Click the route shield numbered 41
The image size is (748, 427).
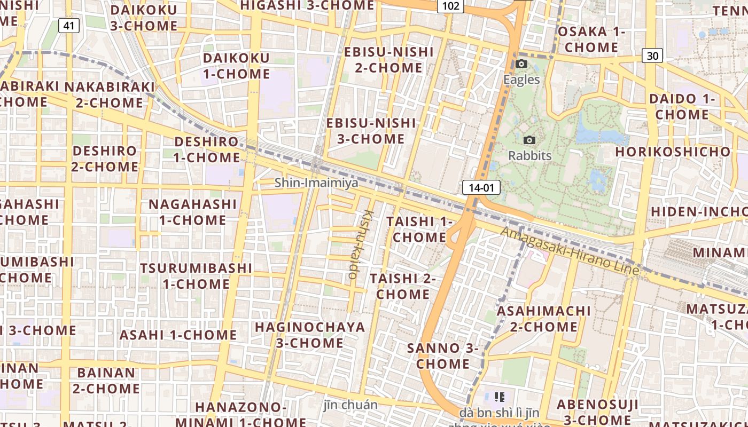click(69, 25)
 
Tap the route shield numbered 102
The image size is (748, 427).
click(450, 6)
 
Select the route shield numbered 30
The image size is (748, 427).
click(652, 55)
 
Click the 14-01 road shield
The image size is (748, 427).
click(481, 187)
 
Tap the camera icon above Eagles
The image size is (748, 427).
click(521, 64)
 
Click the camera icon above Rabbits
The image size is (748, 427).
click(529, 140)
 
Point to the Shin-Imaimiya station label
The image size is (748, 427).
click(316, 183)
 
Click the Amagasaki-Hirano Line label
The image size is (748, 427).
click(570, 251)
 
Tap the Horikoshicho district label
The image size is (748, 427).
click(673, 152)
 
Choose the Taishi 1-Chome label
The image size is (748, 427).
click(419, 229)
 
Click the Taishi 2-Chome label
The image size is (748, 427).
click(403, 286)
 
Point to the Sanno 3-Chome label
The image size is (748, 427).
click(442, 356)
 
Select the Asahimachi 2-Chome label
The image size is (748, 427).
click(544, 319)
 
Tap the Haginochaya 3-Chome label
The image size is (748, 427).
click(310, 335)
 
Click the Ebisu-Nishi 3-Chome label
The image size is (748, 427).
click(371, 131)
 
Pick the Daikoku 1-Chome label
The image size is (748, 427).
click(236, 66)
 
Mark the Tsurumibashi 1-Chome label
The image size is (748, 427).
click(196, 275)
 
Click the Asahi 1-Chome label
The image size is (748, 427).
click(178, 335)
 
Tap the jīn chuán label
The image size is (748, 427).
click(350, 405)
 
